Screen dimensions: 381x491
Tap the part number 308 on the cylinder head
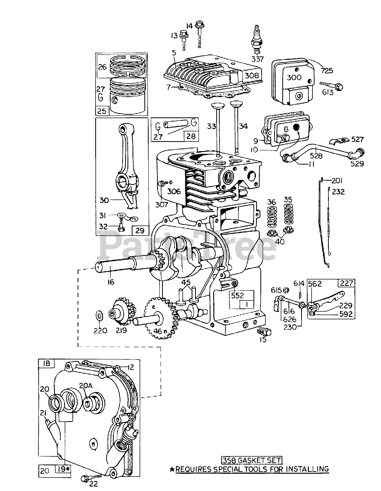(x=252, y=75)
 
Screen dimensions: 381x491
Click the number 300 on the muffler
(x=294, y=77)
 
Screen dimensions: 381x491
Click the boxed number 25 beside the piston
(x=102, y=111)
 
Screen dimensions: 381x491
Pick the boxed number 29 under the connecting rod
(x=139, y=231)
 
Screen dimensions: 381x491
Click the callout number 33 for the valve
(x=212, y=126)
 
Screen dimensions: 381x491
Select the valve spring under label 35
(x=288, y=215)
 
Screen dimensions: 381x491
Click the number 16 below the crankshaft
(x=111, y=282)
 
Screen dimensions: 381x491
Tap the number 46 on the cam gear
(x=158, y=331)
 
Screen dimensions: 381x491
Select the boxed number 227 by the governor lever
(x=346, y=283)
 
